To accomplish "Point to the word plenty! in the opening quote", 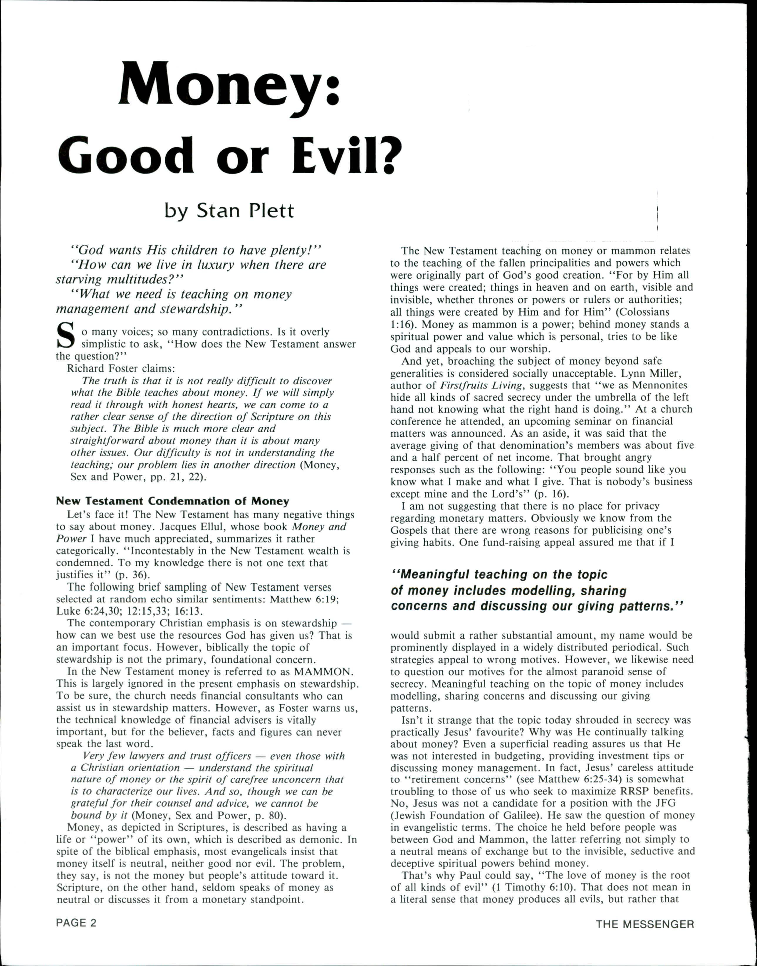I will pyautogui.click(x=290, y=250).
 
